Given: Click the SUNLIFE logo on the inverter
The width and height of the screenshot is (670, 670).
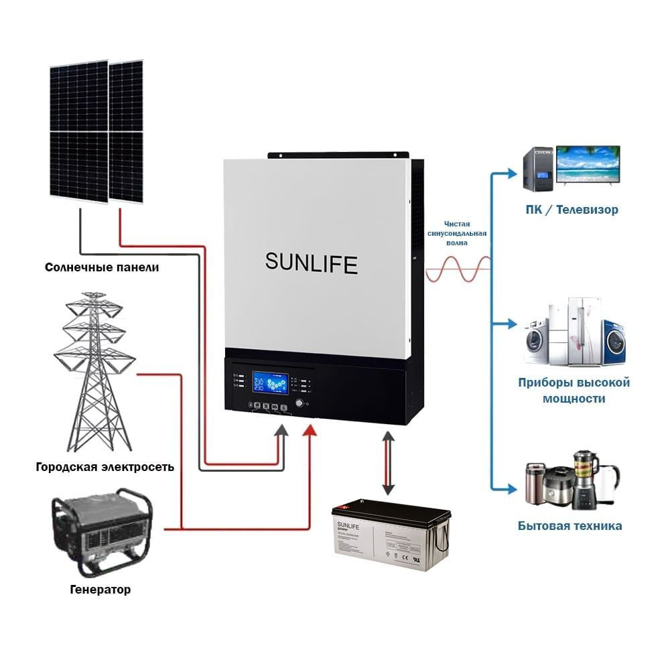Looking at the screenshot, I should (311, 262).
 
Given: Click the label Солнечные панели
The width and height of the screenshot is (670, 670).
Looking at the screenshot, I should (102, 267).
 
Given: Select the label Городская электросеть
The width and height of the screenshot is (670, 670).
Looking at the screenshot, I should (105, 467).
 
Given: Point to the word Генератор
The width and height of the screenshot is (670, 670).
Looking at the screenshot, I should (100, 590).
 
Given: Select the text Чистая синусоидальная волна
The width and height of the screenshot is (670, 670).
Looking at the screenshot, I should (457, 233).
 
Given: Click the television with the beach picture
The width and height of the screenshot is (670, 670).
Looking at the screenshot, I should (588, 165).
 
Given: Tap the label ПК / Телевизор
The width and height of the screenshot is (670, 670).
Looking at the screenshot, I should (572, 210).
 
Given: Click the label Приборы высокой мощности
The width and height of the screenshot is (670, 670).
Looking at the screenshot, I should (574, 391).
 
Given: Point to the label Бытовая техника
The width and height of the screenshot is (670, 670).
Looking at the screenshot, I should (569, 526).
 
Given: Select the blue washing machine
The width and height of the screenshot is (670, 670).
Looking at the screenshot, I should (616, 341).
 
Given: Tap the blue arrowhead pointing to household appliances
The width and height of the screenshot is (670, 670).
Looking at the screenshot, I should (513, 486).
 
